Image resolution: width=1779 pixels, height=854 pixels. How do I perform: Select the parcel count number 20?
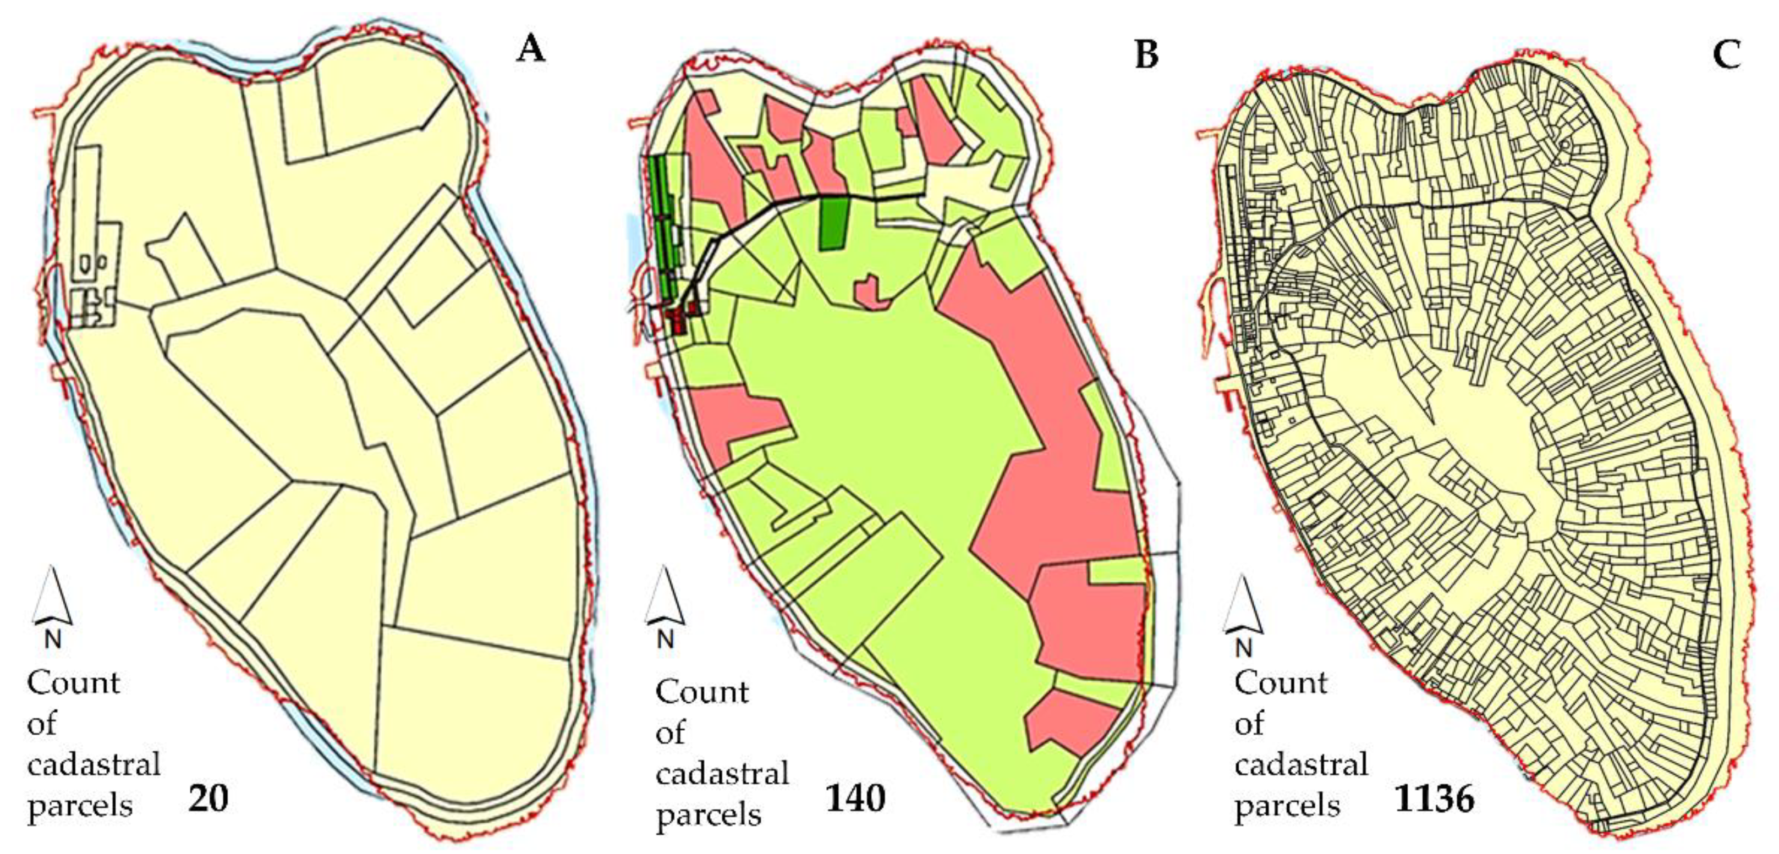tap(207, 799)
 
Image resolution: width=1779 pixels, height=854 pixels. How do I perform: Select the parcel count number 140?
tap(855, 799)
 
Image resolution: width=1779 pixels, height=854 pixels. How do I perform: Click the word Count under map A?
tap(73, 684)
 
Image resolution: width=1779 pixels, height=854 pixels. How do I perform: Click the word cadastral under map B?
tap(722, 774)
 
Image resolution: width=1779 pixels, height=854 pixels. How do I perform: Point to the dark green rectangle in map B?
tap(833, 222)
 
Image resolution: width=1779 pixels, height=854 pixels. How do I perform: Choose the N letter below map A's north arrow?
tap(52, 640)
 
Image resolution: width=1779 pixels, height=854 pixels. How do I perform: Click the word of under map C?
tap(1249, 724)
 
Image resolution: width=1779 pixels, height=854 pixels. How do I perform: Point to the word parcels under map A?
tap(79, 806)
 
